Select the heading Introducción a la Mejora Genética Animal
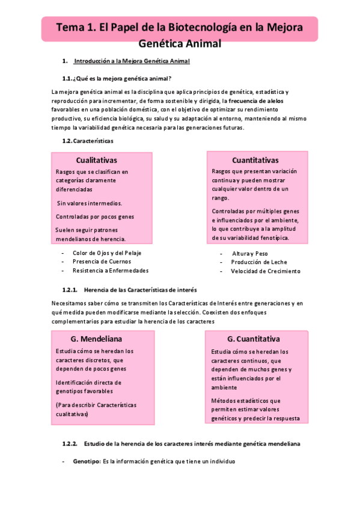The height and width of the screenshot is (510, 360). tap(132, 61)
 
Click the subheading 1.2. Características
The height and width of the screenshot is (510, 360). tap(87, 141)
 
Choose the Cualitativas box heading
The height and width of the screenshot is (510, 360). tap(96, 160)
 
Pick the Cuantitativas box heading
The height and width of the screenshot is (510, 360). tap(255, 160)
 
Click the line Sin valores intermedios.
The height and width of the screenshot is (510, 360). tap(89, 203)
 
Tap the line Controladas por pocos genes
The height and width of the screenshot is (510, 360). tap(94, 217)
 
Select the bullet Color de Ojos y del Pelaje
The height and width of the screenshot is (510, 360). tap(107, 253)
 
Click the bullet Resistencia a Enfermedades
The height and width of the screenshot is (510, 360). tap(110, 271)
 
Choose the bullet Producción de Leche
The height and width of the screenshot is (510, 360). tap(259, 262)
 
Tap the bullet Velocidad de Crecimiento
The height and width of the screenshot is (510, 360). tap(265, 271)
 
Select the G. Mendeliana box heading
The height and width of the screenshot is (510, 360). tap(97, 339)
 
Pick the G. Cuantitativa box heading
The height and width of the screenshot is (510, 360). tap(254, 339)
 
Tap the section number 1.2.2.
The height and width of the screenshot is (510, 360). tap(70, 444)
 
